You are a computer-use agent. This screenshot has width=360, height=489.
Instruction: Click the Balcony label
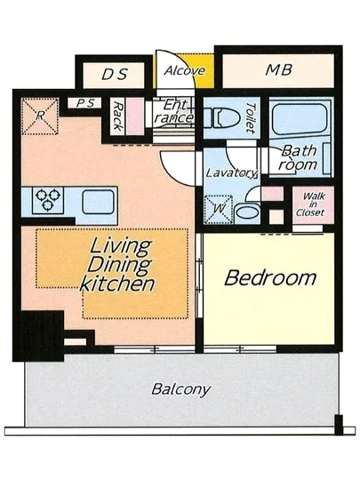[x=180, y=389]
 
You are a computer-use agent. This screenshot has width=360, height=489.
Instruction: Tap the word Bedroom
[x=270, y=278]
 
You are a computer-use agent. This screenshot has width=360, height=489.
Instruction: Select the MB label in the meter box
[x=278, y=70]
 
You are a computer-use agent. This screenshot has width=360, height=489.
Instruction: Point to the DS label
[x=115, y=74]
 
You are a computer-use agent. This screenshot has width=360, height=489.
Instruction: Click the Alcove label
[x=185, y=71]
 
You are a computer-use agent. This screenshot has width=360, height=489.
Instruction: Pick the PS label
[x=85, y=103]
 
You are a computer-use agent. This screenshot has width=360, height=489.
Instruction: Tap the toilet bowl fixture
[x=221, y=117]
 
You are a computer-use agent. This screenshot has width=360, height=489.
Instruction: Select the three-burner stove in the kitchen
[x=48, y=200]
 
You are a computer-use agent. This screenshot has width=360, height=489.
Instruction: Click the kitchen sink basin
[x=98, y=202]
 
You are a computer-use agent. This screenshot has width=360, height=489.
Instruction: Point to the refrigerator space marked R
[x=40, y=116]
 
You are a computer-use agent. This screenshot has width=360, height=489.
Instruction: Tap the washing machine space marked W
[x=219, y=209]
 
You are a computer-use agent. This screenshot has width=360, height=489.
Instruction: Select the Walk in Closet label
[x=312, y=204]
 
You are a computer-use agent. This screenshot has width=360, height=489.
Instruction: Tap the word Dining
[x=120, y=265]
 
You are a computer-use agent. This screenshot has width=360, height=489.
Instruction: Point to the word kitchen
[x=117, y=283]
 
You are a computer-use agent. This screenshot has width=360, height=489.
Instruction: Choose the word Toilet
[x=251, y=118]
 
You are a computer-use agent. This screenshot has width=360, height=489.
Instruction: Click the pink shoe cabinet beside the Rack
[x=136, y=116]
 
